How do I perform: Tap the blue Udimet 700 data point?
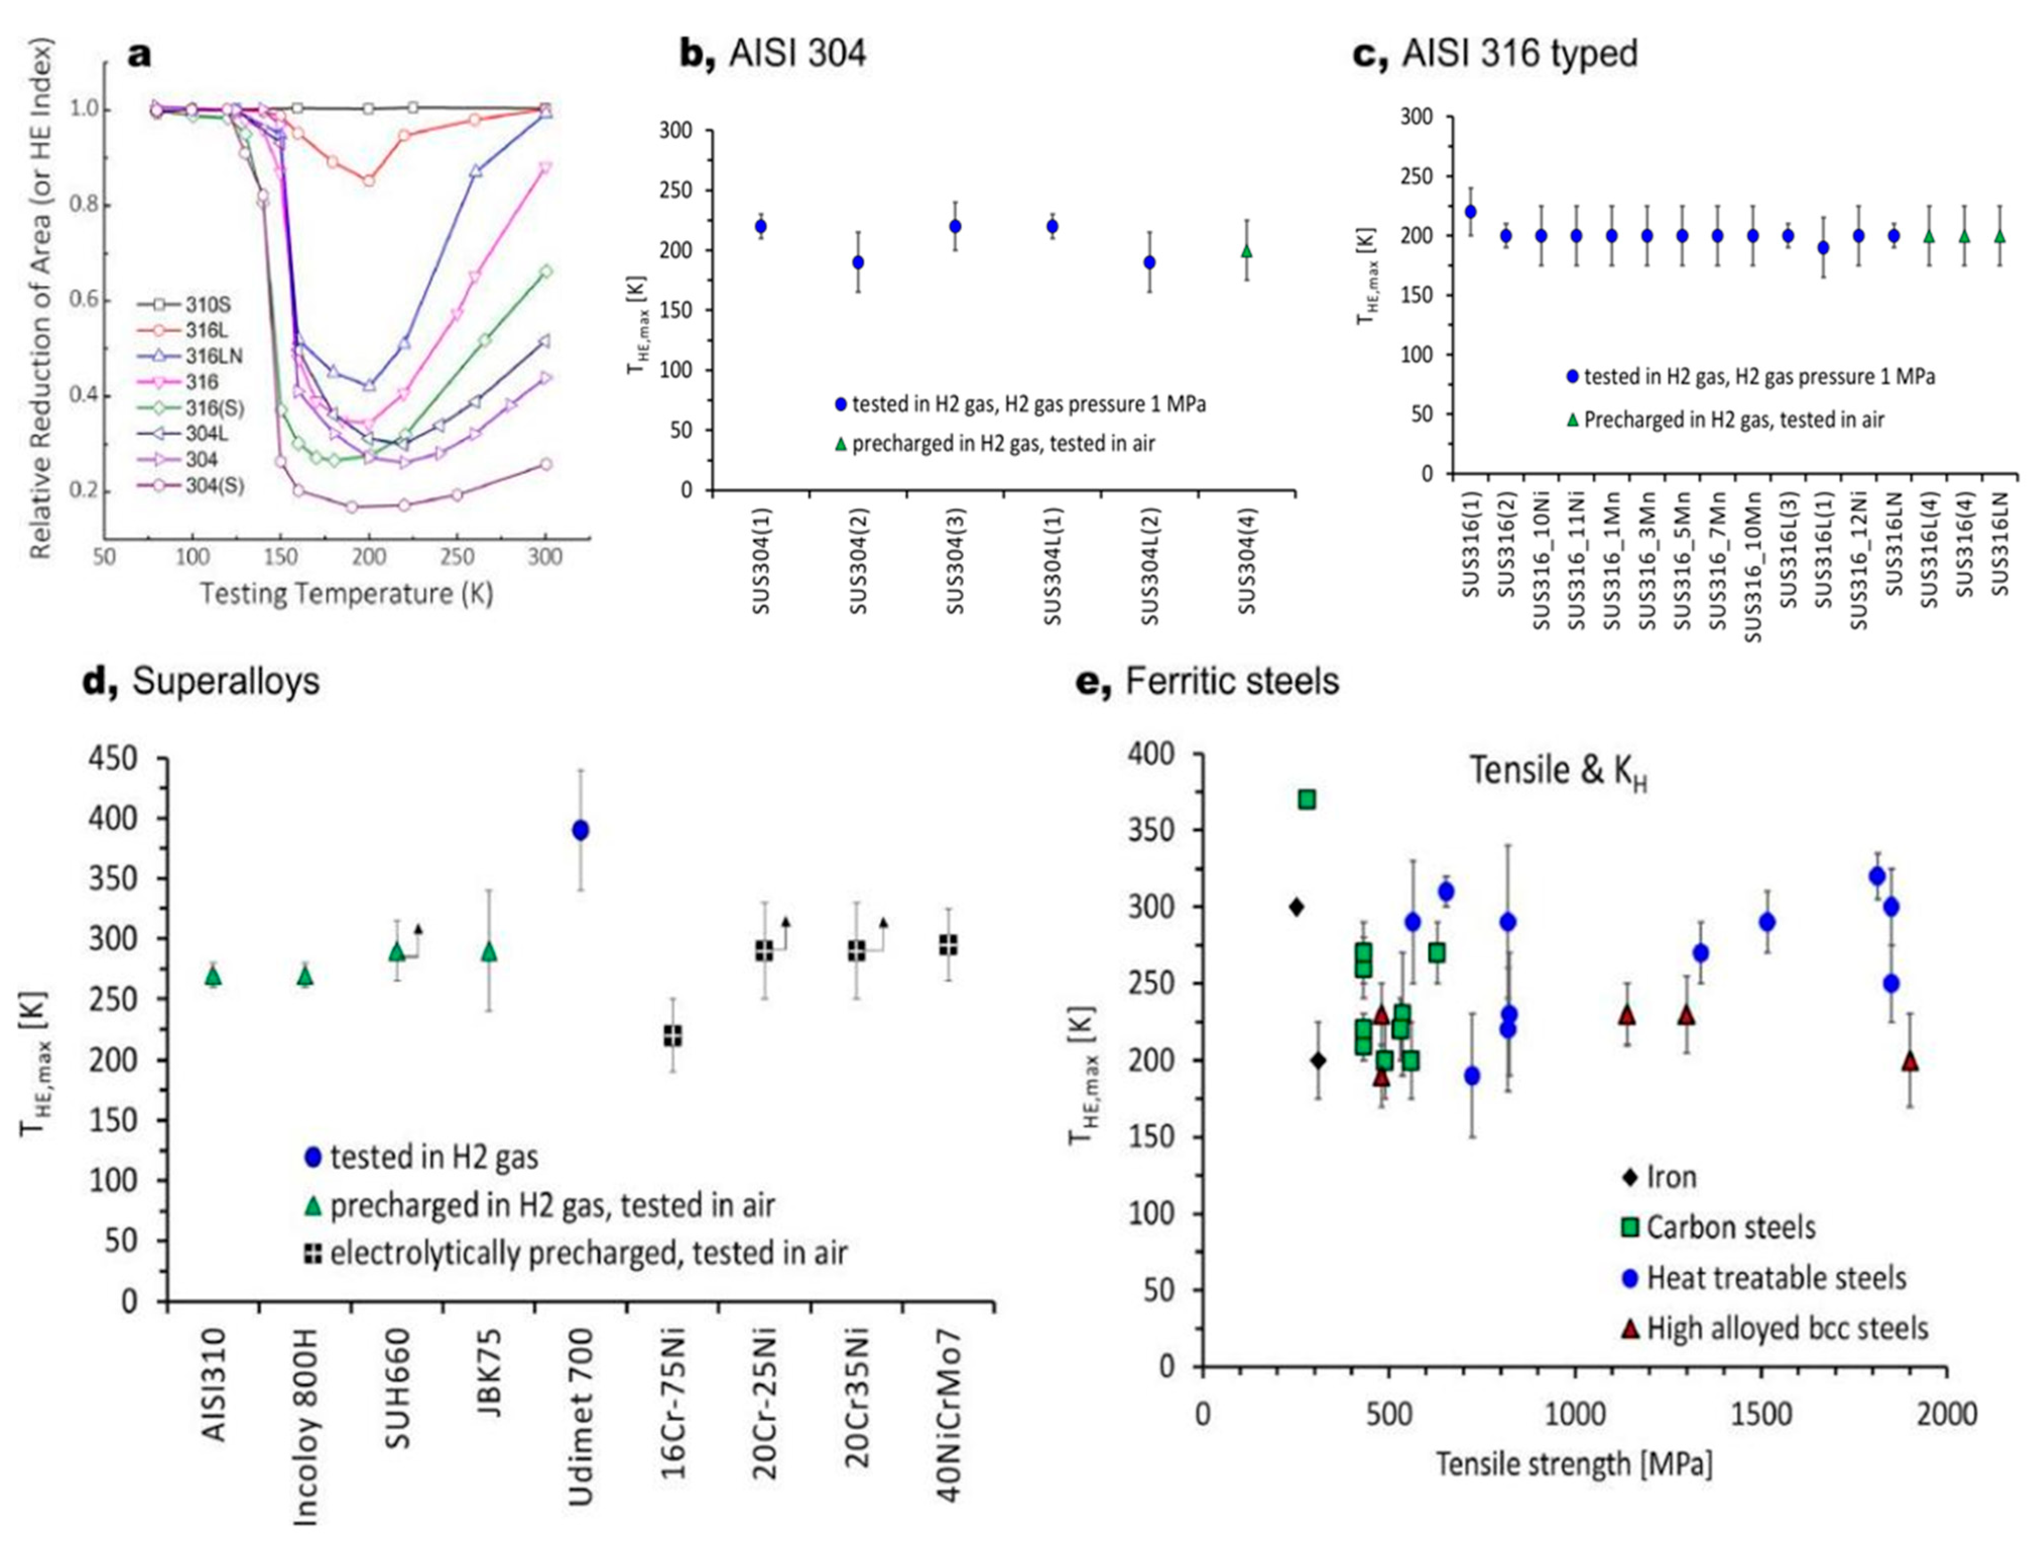(x=580, y=830)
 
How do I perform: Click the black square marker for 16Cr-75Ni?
(x=673, y=1036)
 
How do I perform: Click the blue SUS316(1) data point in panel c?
(x=1470, y=211)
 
